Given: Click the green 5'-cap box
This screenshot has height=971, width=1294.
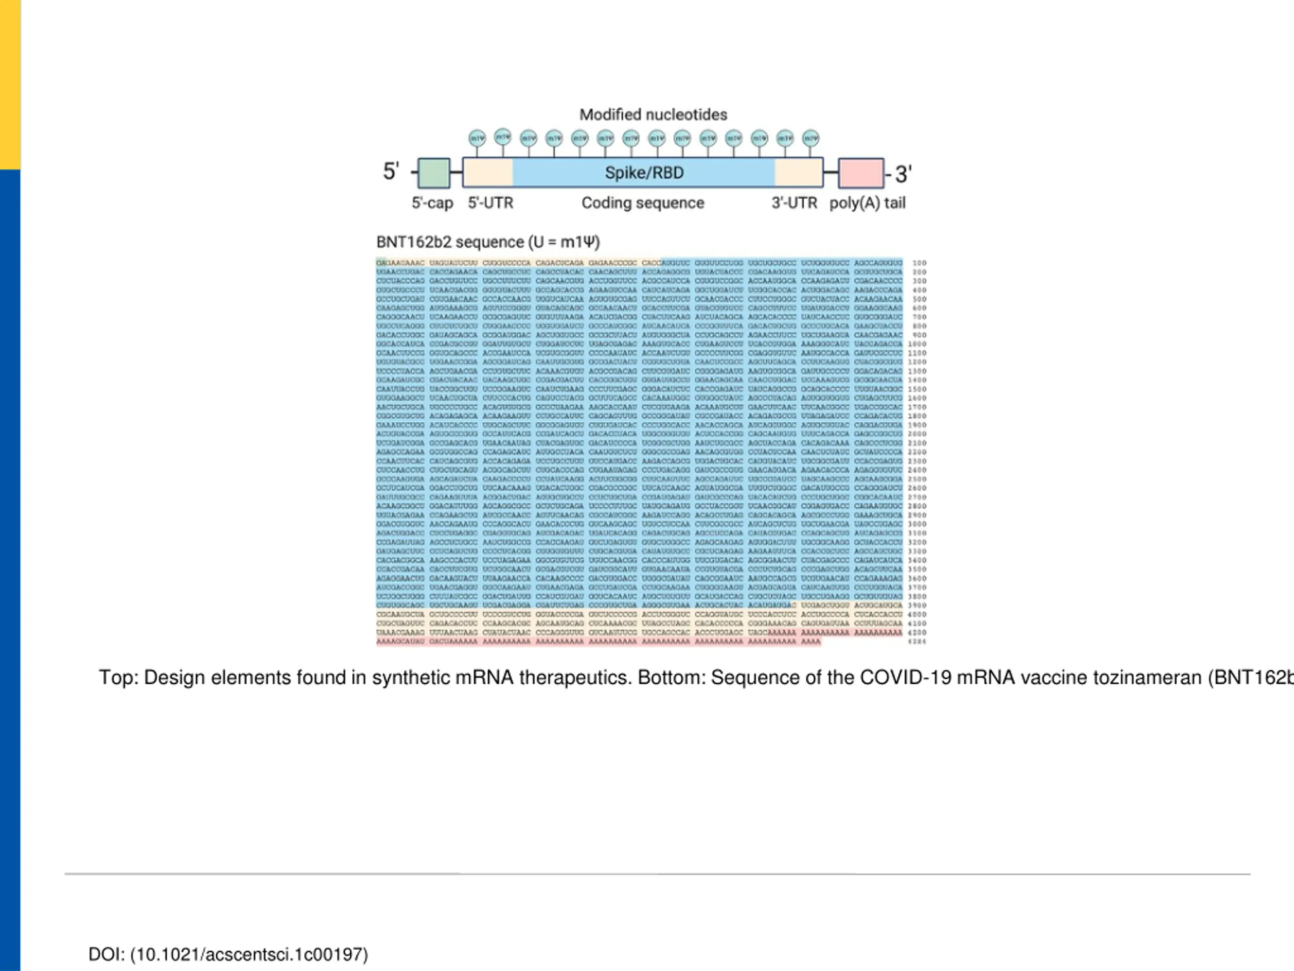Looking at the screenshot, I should [x=434, y=173].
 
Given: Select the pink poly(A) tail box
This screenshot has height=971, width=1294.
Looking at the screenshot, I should [x=860, y=173].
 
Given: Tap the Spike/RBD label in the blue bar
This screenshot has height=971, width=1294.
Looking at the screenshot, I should [x=643, y=172].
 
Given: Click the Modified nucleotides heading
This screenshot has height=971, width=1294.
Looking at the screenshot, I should [x=653, y=115].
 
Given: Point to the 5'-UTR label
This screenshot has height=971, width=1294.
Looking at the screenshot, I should [x=490, y=203].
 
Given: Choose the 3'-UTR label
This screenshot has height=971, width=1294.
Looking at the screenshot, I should [x=794, y=203].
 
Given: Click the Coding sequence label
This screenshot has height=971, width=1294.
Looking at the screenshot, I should [x=642, y=203].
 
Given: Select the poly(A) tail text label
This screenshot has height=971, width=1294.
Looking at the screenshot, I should [x=867, y=203].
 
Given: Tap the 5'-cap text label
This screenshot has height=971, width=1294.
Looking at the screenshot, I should [x=432, y=203].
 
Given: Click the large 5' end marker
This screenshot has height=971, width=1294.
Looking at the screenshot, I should [x=391, y=171].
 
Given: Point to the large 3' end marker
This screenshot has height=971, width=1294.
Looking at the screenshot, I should [x=903, y=174].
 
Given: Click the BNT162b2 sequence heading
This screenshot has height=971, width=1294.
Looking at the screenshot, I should [x=488, y=242].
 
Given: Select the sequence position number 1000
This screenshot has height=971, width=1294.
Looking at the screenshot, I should [x=917, y=344].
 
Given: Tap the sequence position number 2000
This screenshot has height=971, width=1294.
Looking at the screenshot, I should [x=917, y=434].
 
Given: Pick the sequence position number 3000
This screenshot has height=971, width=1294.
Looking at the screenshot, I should [x=917, y=524].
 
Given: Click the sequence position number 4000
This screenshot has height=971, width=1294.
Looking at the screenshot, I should [x=917, y=614].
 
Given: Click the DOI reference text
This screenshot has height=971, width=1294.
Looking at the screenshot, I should [x=228, y=955].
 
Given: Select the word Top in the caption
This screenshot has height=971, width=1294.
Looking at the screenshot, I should [x=117, y=678].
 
